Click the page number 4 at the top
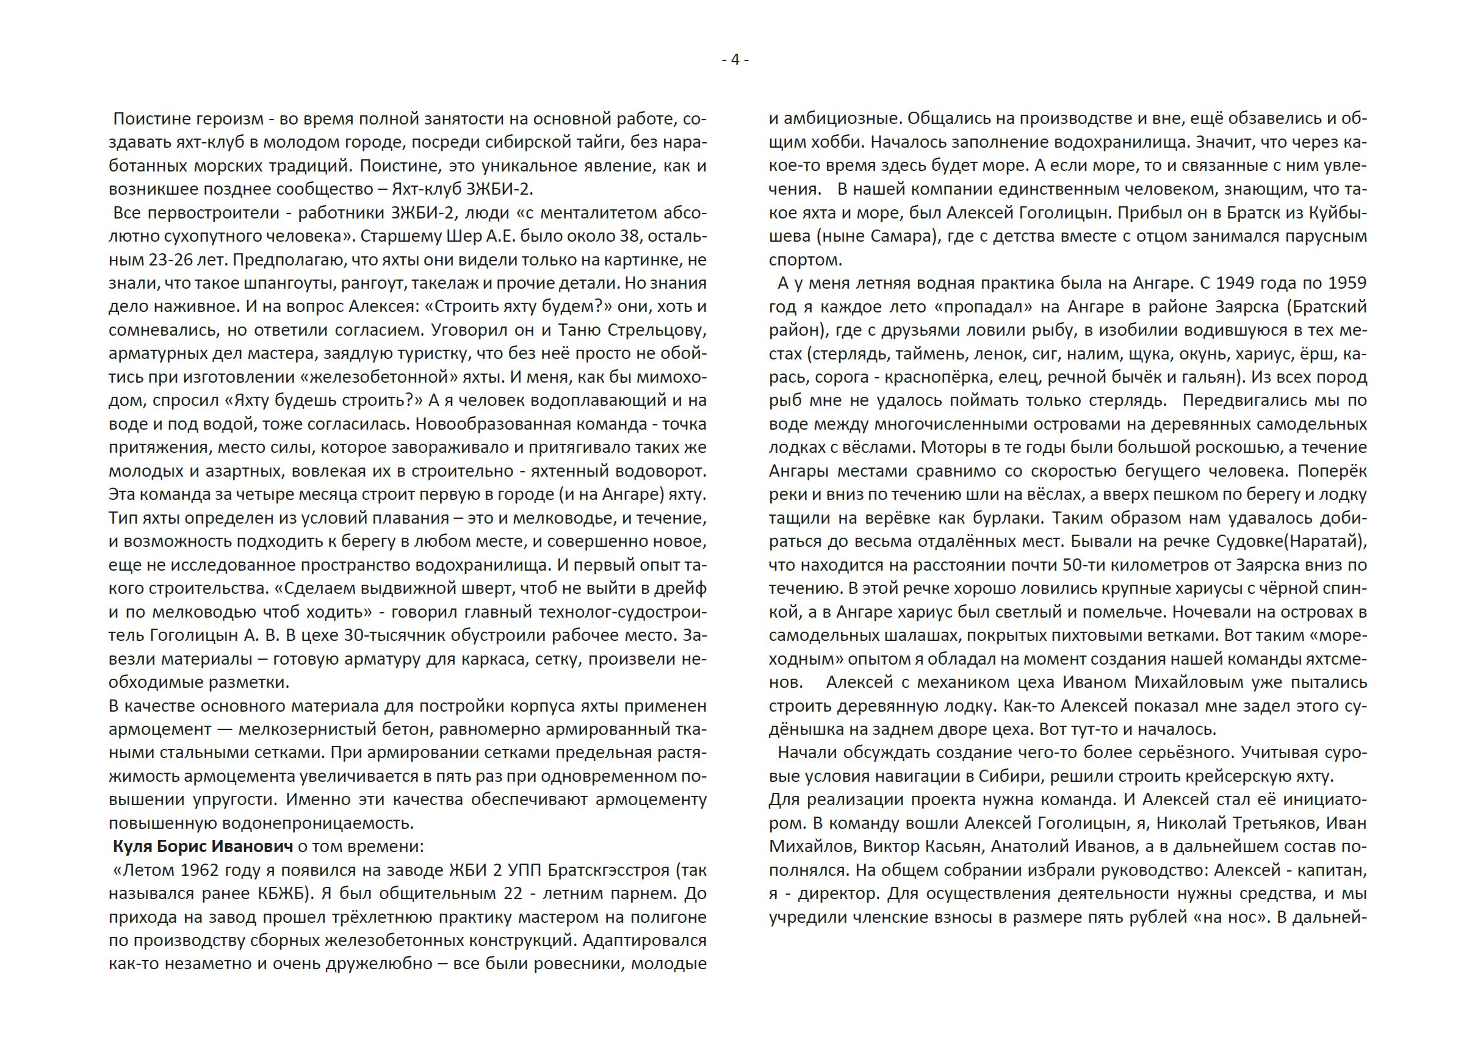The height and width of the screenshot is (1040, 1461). click(x=735, y=60)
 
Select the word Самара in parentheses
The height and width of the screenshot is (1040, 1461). click(x=897, y=236)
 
